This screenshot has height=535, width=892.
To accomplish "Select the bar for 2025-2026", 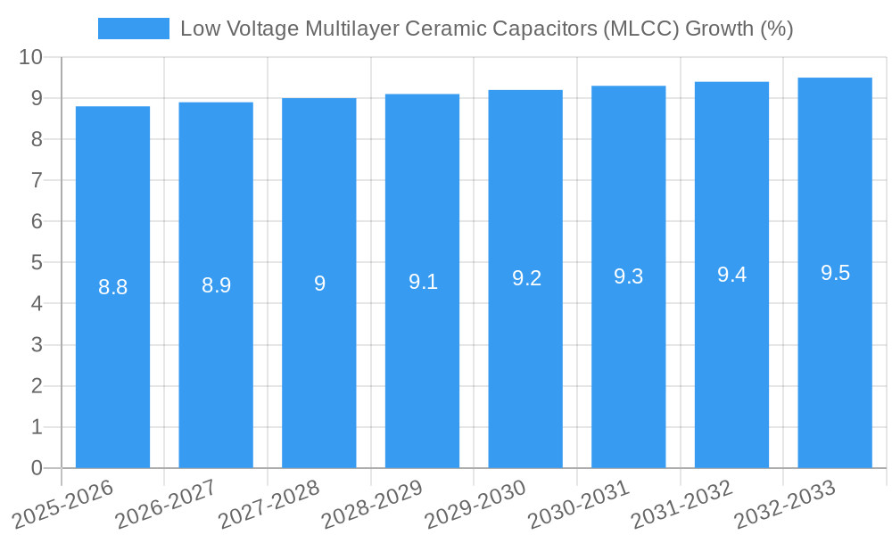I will point(112,287).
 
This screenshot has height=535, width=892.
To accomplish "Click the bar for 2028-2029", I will point(422,281).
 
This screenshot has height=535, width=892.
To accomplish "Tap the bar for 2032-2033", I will point(835,273).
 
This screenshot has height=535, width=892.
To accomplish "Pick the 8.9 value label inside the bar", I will point(216,285).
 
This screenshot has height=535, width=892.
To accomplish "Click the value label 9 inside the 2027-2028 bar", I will point(319,284).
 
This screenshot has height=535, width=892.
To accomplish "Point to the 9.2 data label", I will point(526,278).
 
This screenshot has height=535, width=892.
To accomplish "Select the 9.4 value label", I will point(731,275).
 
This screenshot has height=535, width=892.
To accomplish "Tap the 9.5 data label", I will point(835,273).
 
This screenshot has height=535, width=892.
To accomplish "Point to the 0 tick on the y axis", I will point(37,468).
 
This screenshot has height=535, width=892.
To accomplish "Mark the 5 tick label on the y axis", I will point(37,263).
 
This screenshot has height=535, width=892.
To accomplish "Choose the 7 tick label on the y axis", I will point(37,180).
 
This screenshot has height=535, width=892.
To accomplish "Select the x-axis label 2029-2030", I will point(475,504).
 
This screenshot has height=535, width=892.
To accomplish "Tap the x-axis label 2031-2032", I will point(682,504).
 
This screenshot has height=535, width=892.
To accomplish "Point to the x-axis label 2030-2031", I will point(579,504).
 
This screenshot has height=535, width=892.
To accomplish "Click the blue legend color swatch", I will point(134,29).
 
